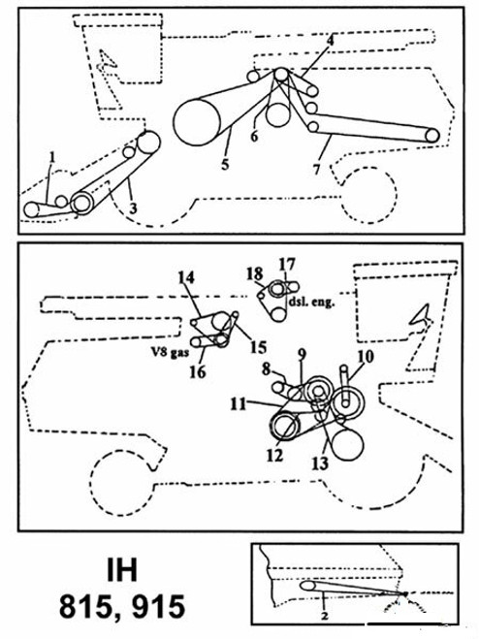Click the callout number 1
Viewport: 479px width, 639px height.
click(54, 155)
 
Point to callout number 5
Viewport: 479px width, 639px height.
click(224, 166)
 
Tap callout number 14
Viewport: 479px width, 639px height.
click(184, 276)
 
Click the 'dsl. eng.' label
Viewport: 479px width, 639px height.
click(310, 303)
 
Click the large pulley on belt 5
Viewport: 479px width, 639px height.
click(199, 121)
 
